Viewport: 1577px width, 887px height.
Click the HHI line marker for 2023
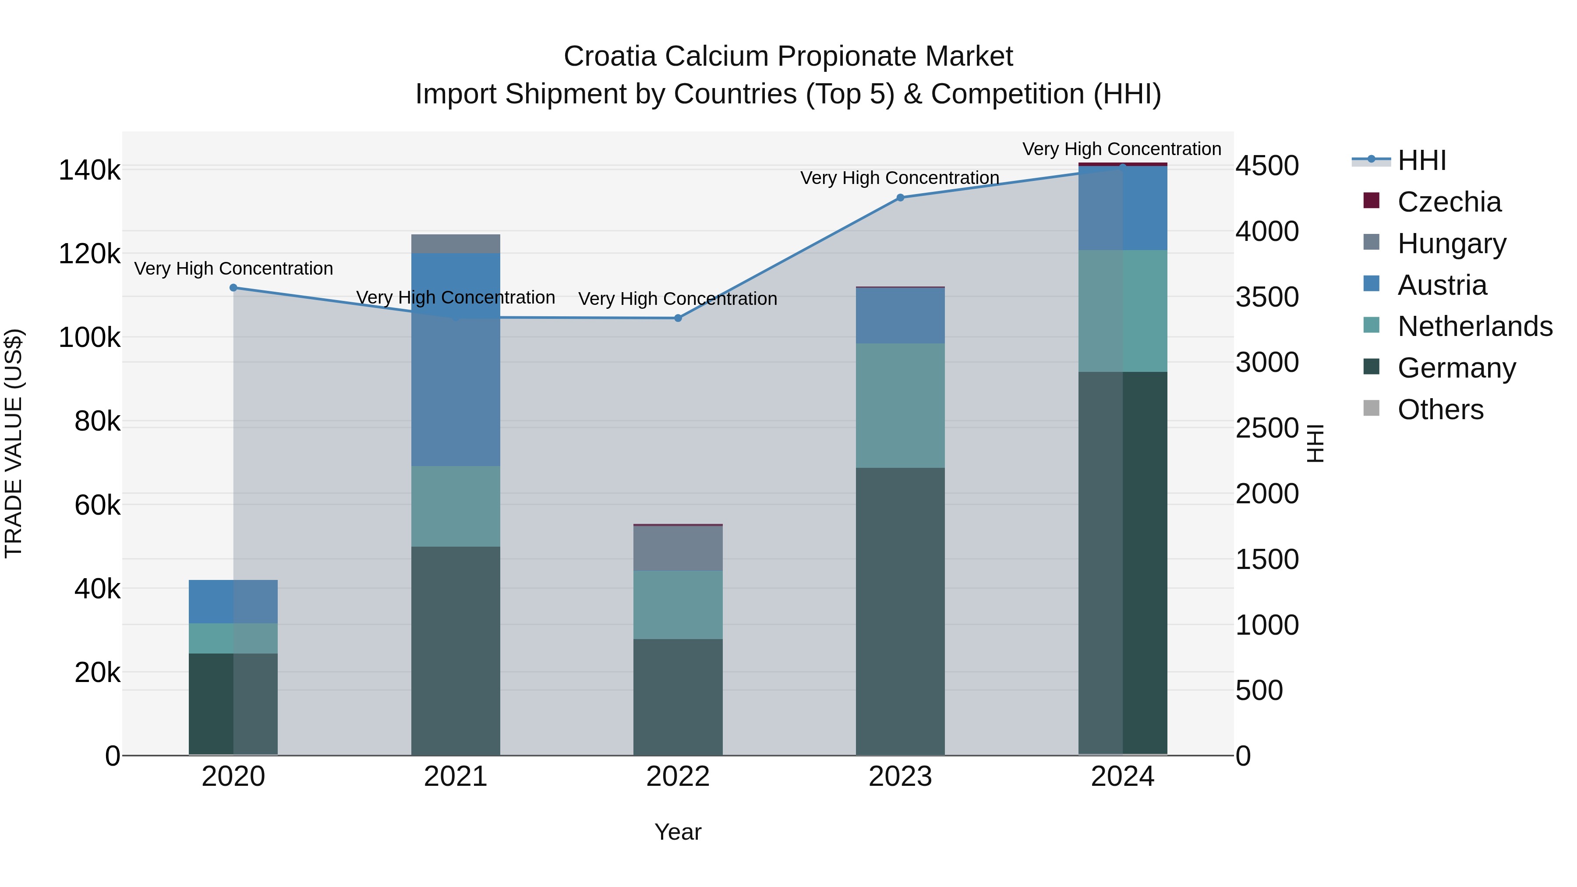[900, 198]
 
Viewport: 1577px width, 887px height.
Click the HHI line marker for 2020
[233, 288]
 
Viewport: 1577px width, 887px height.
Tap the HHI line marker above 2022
[678, 318]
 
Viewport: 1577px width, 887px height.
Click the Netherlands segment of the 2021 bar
[456, 506]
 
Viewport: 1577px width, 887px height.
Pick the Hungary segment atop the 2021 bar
[456, 244]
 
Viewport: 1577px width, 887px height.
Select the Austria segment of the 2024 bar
[1123, 208]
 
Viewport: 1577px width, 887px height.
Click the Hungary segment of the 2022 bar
[678, 548]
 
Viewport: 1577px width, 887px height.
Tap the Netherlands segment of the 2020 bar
[233, 639]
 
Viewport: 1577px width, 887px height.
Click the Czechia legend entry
[1449, 202]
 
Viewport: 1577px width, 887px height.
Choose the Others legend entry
[1440, 410]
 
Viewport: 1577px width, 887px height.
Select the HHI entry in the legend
[1421, 160]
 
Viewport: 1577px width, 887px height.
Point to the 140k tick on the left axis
[89, 170]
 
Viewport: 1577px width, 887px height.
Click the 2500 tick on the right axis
[1266, 428]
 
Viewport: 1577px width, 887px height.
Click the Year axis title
[678, 832]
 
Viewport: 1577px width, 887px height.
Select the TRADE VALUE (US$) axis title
[14, 443]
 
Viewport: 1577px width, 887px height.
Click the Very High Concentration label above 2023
[899, 178]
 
